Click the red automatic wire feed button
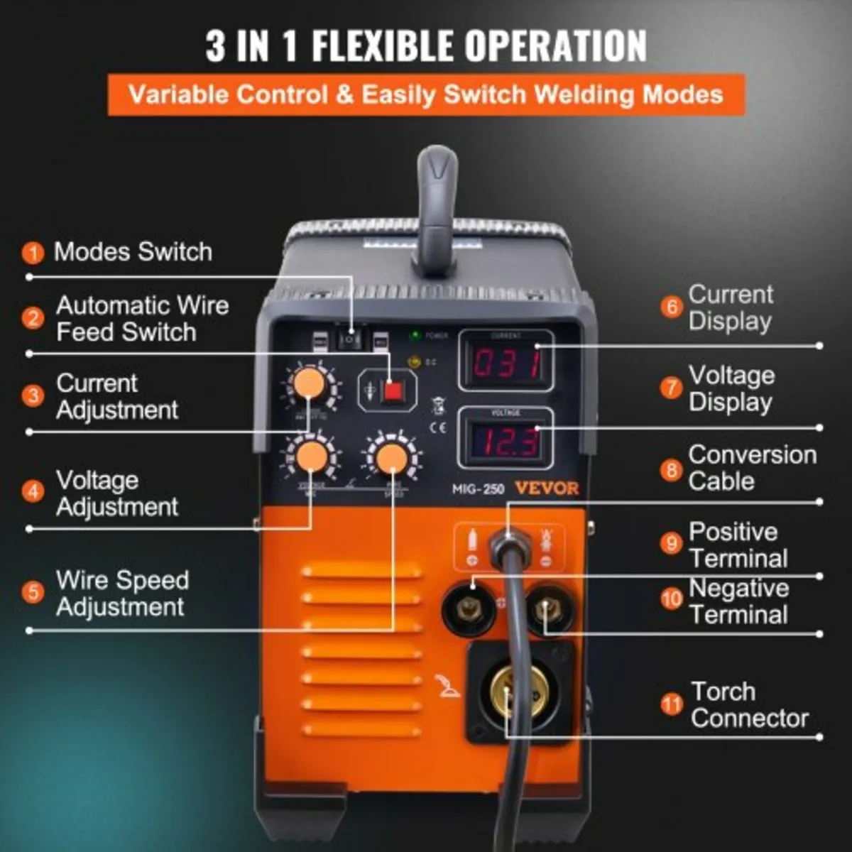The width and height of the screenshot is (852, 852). (x=390, y=392)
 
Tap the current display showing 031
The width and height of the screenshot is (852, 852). (x=506, y=361)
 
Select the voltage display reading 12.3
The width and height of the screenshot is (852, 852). (x=506, y=441)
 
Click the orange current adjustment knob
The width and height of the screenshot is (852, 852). (x=310, y=384)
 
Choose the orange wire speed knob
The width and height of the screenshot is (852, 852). (x=392, y=457)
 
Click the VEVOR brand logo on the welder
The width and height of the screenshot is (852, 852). (x=547, y=488)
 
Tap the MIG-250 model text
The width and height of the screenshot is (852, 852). (x=479, y=489)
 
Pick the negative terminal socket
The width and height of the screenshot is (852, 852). (x=546, y=608)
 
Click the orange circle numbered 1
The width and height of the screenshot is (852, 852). (x=33, y=252)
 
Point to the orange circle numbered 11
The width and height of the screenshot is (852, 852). (x=671, y=705)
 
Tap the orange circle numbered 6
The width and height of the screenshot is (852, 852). (x=671, y=307)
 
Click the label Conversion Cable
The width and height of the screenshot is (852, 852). (x=751, y=467)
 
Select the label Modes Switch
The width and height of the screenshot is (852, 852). (x=133, y=251)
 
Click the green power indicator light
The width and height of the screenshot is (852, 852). (x=413, y=334)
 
